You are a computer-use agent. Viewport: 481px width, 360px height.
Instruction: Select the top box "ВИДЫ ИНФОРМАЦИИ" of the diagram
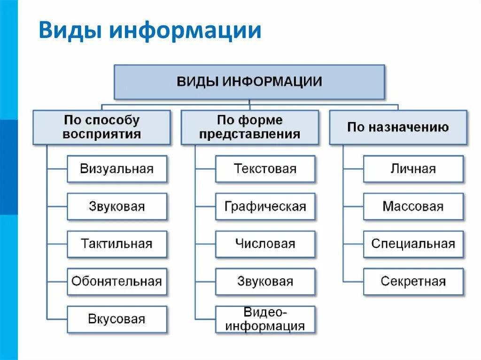click(249, 82)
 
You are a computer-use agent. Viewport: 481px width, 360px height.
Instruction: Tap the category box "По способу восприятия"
click(101, 127)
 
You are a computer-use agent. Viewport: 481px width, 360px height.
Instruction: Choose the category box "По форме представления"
click(249, 127)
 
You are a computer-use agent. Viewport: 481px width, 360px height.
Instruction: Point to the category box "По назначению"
click(398, 127)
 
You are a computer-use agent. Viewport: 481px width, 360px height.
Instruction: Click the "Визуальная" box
click(117, 169)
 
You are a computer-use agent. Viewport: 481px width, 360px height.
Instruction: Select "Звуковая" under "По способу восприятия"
click(117, 207)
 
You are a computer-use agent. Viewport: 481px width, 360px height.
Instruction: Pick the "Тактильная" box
click(117, 244)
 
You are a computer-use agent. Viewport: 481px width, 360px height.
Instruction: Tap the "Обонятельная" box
click(117, 282)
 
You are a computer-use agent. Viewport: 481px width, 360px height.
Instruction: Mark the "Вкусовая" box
click(117, 319)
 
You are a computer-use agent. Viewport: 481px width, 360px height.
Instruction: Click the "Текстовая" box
click(265, 169)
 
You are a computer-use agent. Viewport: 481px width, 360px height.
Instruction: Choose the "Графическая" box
click(265, 207)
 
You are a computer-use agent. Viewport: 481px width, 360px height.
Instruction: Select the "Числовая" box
click(265, 244)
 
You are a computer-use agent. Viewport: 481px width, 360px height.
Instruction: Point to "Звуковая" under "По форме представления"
click(265, 282)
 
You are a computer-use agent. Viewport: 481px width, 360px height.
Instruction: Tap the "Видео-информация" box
click(265, 319)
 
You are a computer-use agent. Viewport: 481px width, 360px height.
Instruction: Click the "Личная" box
click(413, 169)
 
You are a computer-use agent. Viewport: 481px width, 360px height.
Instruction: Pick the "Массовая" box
click(413, 207)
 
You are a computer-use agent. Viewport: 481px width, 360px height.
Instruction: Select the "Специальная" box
click(413, 244)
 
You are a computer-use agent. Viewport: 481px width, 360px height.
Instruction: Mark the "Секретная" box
click(413, 282)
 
